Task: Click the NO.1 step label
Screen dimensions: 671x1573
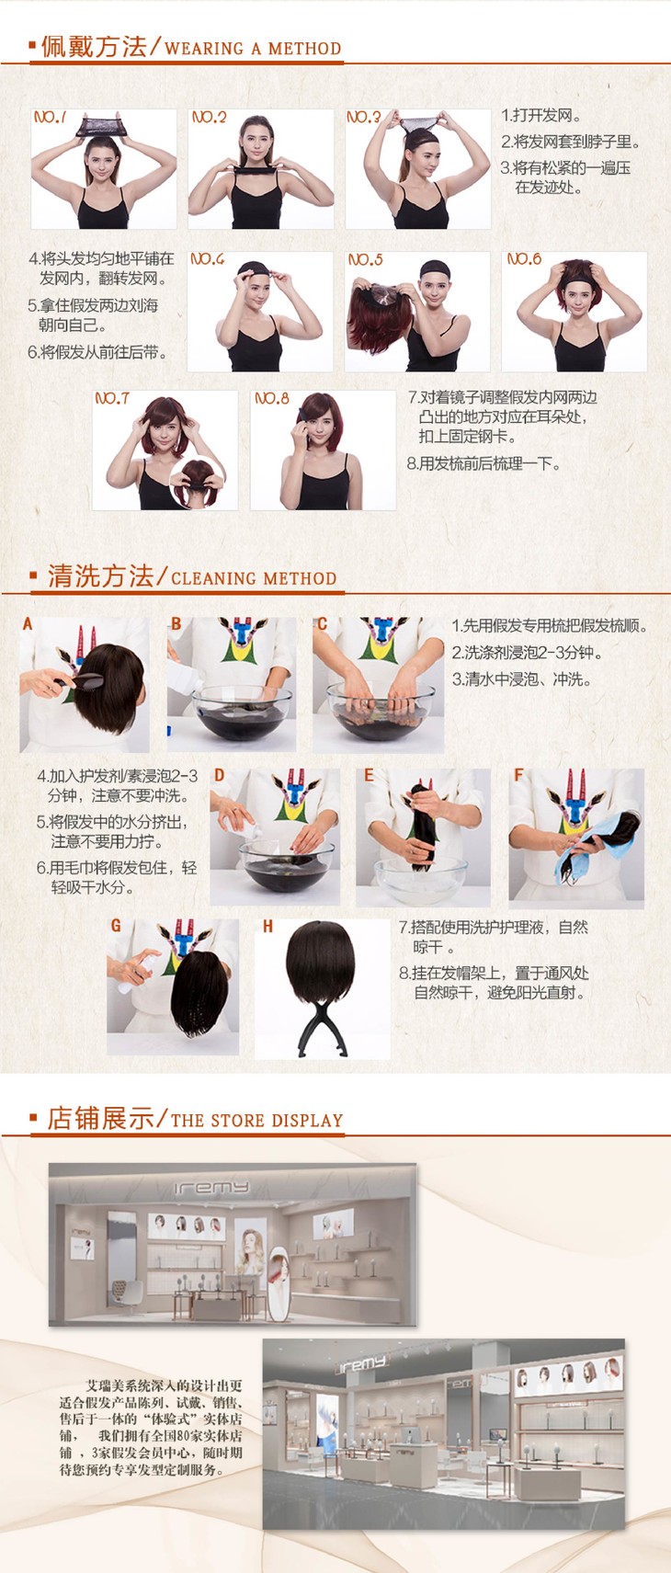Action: click(50, 117)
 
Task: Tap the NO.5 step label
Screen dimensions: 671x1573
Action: click(365, 260)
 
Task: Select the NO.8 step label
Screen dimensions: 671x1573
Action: click(272, 398)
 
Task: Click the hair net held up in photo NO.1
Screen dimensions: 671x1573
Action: click(100, 126)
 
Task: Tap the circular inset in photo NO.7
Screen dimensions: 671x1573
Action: click(198, 484)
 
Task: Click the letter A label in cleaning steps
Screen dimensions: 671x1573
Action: click(28, 623)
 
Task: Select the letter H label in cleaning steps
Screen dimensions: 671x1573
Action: click(267, 927)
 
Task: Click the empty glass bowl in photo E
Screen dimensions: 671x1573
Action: click(420, 879)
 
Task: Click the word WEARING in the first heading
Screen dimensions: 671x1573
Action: click(203, 49)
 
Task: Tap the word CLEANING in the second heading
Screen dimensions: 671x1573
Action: click(213, 578)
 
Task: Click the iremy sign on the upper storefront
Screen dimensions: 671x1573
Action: click(211, 1187)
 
